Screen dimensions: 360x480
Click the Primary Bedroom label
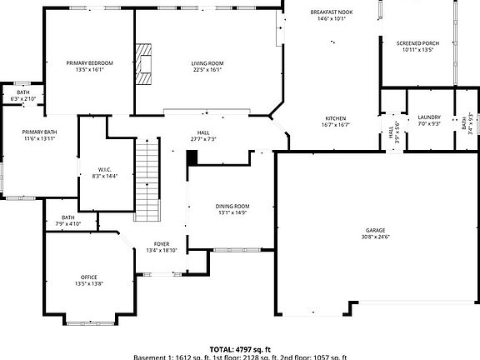point(89,63)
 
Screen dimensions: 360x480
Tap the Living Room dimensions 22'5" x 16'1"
point(207,70)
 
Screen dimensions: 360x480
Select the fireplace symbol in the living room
point(147,64)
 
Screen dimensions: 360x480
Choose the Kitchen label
point(336,118)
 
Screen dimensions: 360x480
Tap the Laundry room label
point(429,118)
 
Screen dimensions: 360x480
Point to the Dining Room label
point(230,206)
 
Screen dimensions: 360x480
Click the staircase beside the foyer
point(147,178)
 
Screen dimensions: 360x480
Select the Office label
point(89,277)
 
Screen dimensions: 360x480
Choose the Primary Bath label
point(39,132)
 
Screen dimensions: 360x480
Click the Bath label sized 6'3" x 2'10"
point(23,92)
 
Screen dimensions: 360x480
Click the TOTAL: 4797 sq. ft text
point(240,350)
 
